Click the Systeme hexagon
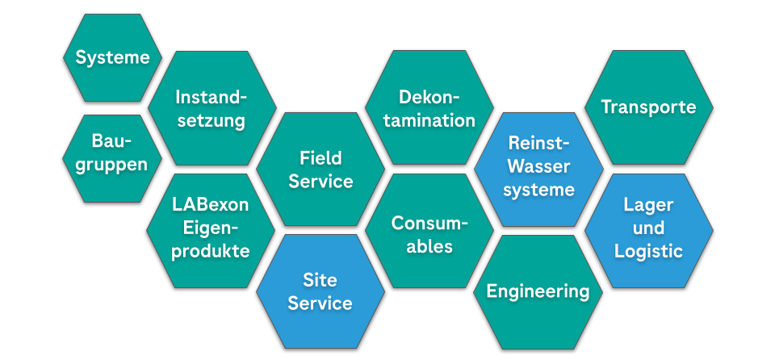tap(112, 57)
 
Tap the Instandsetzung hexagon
tap(212, 109)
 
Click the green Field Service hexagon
tap(320, 169)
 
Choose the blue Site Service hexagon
tap(320, 291)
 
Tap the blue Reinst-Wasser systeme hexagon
tap(538, 167)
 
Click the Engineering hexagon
tap(538, 291)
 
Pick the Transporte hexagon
tap(648, 107)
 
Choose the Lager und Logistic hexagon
tap(648, 228)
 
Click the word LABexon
tap(211, 205)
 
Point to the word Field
tap(320, 157)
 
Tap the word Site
tap(320, 279)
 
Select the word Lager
tap(648, 205)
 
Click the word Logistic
tap(648, 251)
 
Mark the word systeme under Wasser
tap(538, 190)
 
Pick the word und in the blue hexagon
tap(648, 228)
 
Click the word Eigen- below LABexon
tap(211, 228)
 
